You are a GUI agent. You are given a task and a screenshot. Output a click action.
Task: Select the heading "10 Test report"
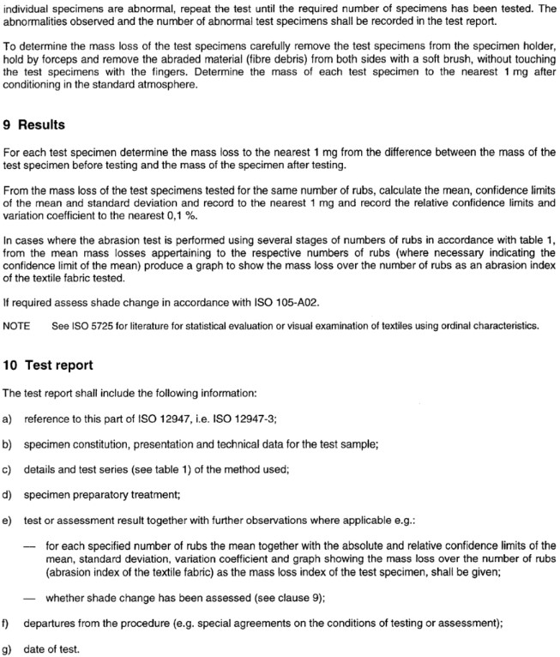[x=48, y=365]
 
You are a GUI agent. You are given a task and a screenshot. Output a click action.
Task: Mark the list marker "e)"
[x=8, y=521]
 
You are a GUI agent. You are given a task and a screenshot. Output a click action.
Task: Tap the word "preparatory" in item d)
[x=99, y=494]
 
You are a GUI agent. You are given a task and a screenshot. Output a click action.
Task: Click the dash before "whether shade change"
[x=31, y=599]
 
